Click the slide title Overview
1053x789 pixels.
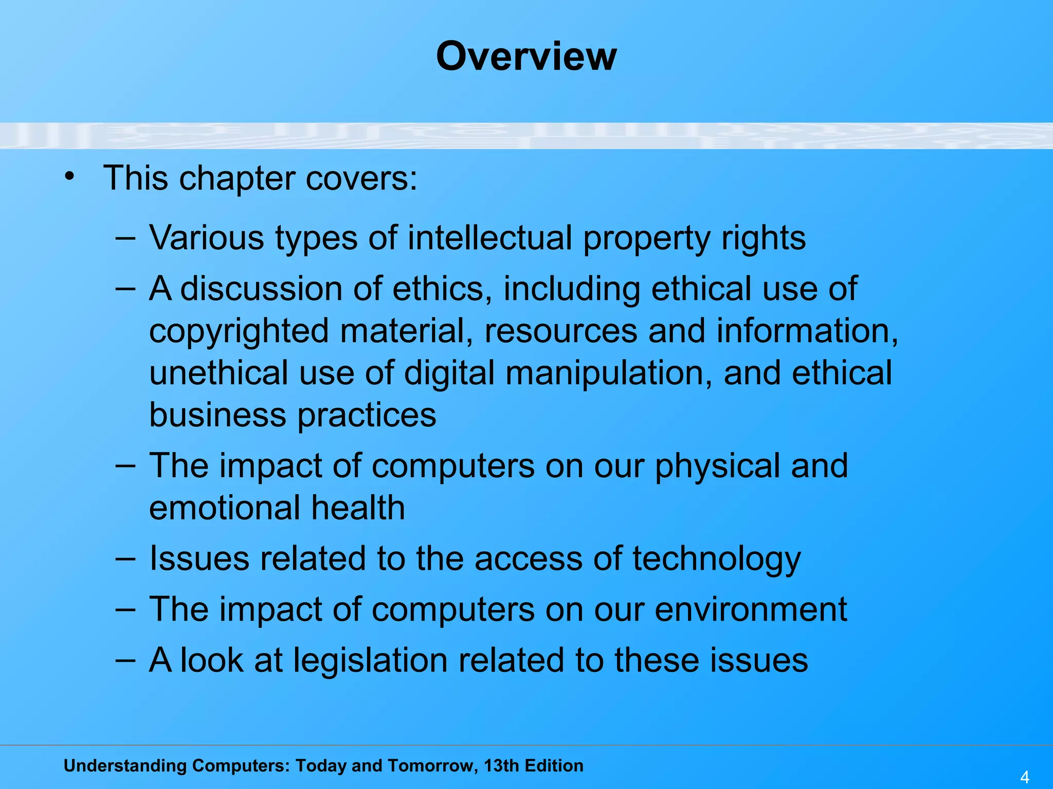click(x=526, y=56)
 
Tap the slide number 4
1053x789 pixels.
click(x=1025, y=777)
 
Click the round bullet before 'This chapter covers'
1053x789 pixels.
click(x=69, y=177)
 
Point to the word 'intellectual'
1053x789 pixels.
click(x=489, y=238)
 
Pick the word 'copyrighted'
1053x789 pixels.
click(x=239, y=331)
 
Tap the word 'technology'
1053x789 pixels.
click(x=716, y=559)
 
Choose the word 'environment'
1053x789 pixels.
click(x=751, y=609)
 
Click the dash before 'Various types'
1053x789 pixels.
click(x=125, y=238)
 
